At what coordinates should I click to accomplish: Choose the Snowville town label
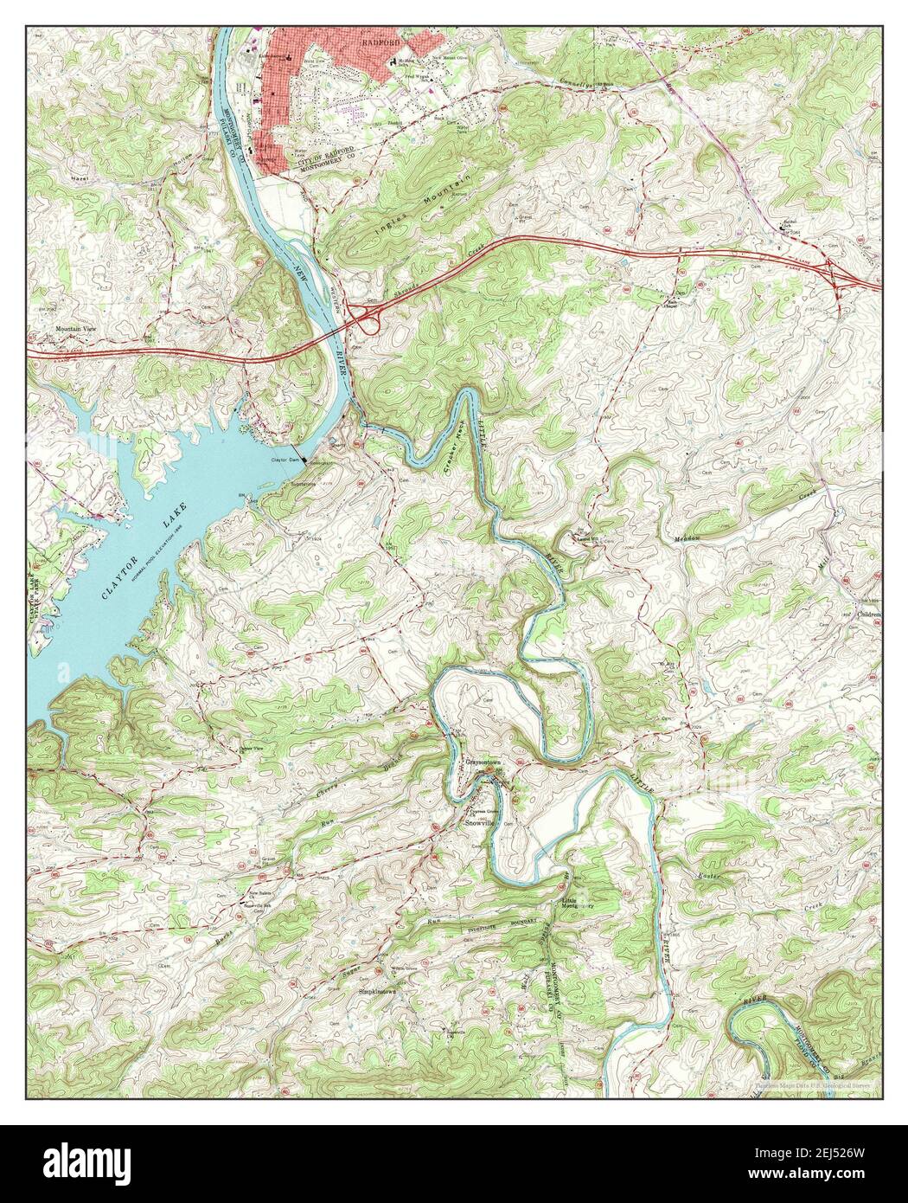(x=483, y=822)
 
